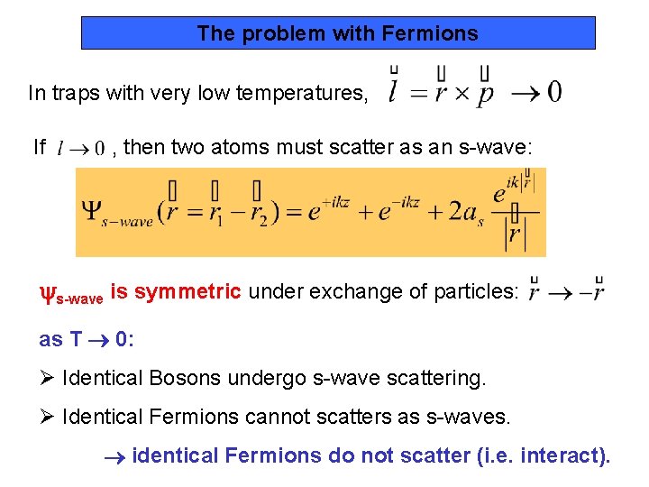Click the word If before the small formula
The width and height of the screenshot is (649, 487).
coord(39,146)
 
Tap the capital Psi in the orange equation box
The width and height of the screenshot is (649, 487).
coord(92,210)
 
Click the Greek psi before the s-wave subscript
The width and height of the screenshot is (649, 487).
coord(47,292)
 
